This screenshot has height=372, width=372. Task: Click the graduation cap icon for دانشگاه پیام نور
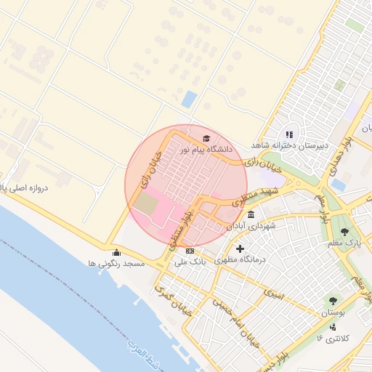206,138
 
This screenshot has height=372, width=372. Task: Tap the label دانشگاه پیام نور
206,150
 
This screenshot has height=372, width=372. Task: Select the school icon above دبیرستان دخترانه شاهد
289,134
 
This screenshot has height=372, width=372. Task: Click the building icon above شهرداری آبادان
251,215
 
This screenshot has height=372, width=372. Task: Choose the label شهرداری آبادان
251,226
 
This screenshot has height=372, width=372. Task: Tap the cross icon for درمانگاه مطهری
240,249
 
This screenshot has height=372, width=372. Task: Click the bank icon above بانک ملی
190,251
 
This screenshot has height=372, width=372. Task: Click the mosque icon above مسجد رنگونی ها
116,253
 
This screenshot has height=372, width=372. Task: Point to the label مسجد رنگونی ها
117,263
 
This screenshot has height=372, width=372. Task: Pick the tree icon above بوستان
333,300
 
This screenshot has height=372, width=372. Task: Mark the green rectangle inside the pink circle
146,203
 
